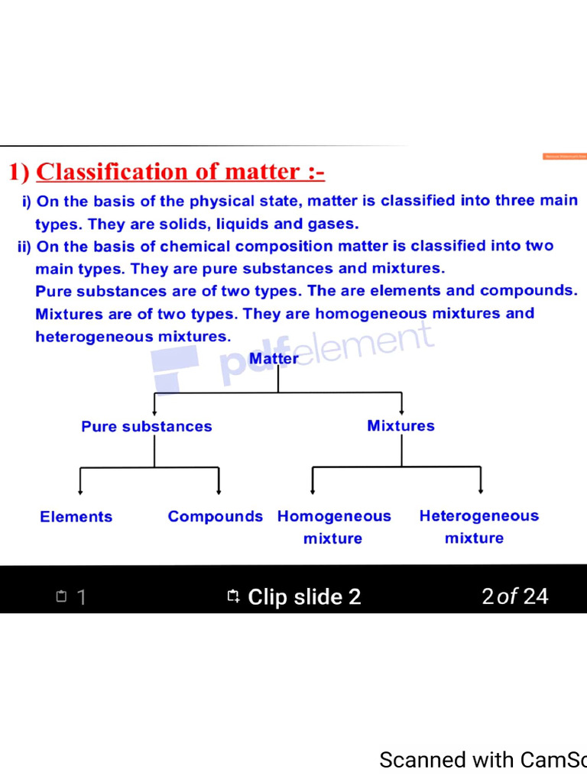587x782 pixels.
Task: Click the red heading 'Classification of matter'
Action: click(180, 172)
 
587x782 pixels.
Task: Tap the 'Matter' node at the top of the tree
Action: click(274, 358)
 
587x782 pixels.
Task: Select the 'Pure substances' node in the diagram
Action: click(147, 426)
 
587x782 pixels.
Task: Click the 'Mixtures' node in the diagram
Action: click(401, 425)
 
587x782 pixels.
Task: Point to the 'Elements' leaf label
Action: click(76, 517)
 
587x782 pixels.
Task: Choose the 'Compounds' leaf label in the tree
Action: click(215, 516)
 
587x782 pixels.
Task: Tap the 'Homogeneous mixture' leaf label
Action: click(334, 527)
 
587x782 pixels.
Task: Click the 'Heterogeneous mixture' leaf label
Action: click(478, 527)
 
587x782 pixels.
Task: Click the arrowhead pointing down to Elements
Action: click(81, 491)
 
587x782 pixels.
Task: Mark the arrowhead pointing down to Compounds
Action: click(219, 491)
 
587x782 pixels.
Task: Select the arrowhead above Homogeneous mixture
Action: click(313, 491)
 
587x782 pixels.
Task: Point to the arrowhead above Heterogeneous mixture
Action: click(481, 490)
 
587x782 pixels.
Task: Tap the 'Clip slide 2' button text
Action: click(304, 596)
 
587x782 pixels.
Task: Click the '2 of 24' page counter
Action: click(515, 596)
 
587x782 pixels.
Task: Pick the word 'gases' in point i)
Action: click(334, 224)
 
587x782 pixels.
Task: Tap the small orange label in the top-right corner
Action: click(565, 156)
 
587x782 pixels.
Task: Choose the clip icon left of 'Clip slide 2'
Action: click(234, 596)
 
